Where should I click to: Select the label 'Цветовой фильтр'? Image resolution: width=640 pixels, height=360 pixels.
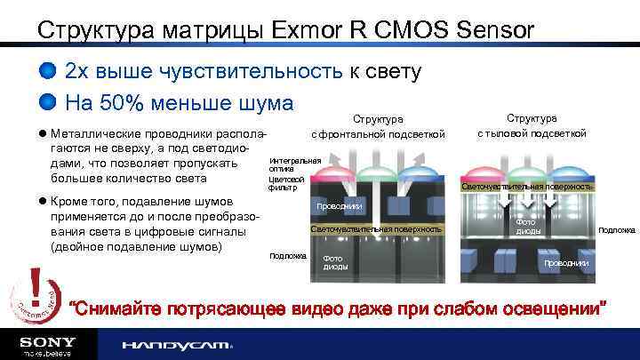tap(284, 182)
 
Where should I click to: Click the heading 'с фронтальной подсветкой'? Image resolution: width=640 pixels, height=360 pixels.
tap(378, 134)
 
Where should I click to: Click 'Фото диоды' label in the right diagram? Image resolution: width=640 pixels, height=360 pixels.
tap(525, 226)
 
